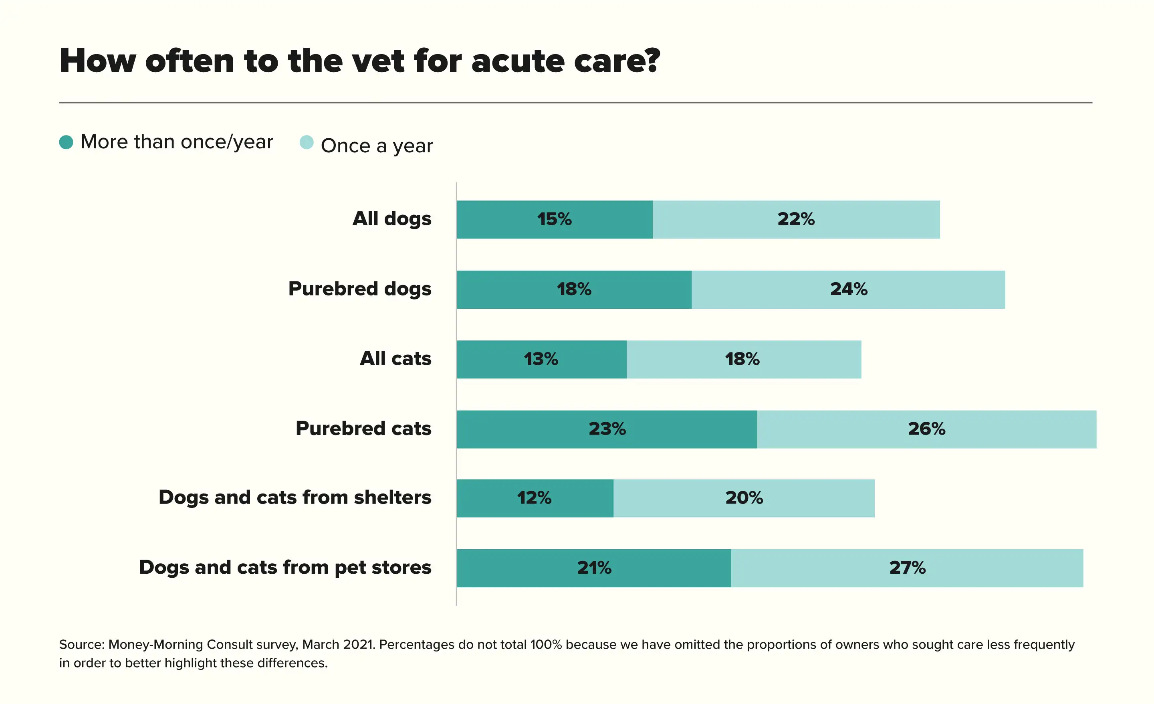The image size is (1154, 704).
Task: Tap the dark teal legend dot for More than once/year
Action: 66,142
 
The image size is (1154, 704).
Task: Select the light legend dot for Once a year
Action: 306,142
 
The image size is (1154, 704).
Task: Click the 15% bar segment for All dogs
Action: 555,219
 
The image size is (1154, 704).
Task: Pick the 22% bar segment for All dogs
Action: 796,219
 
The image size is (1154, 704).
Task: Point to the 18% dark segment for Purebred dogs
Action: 574,289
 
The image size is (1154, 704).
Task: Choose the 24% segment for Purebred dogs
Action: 848,289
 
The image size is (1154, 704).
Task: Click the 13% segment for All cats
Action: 541,359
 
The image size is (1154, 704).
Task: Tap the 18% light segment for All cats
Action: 743,359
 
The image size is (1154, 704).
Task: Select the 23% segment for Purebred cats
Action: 607,429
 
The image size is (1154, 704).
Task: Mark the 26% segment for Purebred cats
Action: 926,429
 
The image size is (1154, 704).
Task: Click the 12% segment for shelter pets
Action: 535,498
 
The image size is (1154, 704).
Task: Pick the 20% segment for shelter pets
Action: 744,498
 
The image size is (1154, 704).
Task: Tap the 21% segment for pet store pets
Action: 594,568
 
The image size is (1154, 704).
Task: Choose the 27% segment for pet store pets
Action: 907,568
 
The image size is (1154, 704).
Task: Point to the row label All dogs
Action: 391,219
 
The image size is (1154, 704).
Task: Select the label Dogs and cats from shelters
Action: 295,497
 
